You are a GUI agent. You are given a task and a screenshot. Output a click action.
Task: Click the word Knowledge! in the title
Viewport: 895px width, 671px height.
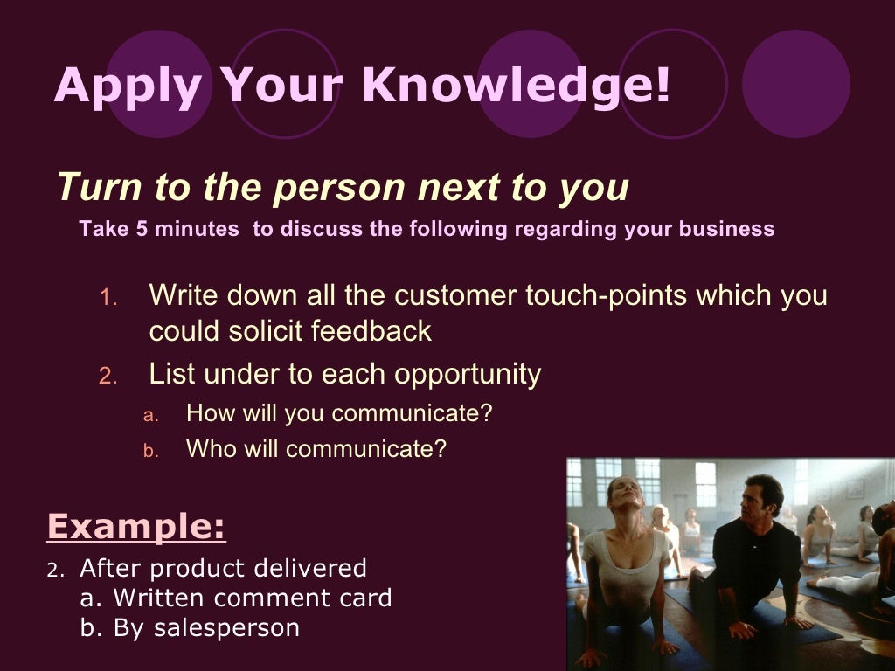click(x=516, y=85)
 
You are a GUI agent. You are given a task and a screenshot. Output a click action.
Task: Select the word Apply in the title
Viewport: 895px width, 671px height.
click(x=128, y=86)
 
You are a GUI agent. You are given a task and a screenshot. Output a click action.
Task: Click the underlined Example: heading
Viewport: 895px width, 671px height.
click(x=136, y=527)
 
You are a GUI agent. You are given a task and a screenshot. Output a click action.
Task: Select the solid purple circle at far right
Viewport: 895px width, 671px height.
click(x=795, y=84)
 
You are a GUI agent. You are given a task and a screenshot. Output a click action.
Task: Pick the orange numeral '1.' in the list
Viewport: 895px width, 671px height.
click(x=108, y=297)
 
